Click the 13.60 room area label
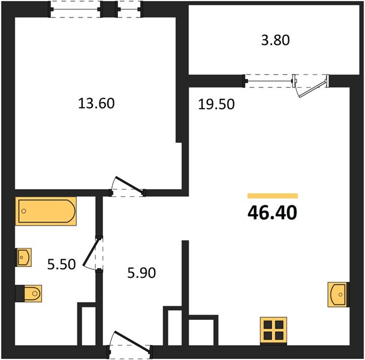click(96, 103)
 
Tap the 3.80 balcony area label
click(275, 40)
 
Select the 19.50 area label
click(216, 104)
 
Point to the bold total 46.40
click(272, 213)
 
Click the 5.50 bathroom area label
click(62, 265)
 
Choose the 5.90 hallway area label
click(141, 273)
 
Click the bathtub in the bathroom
click(46, 211)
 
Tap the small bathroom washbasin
click(23, 257)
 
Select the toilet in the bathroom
click(29, 293)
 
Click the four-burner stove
click(273, 331)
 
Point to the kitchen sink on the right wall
click(339, 295)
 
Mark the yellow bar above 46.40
click(273, 196)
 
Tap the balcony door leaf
click(312, 89)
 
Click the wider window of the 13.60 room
click(76, 10)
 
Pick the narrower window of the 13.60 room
click(129, 10)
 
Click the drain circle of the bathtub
click(24, 211)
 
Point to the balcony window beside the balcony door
click(269, 81)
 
